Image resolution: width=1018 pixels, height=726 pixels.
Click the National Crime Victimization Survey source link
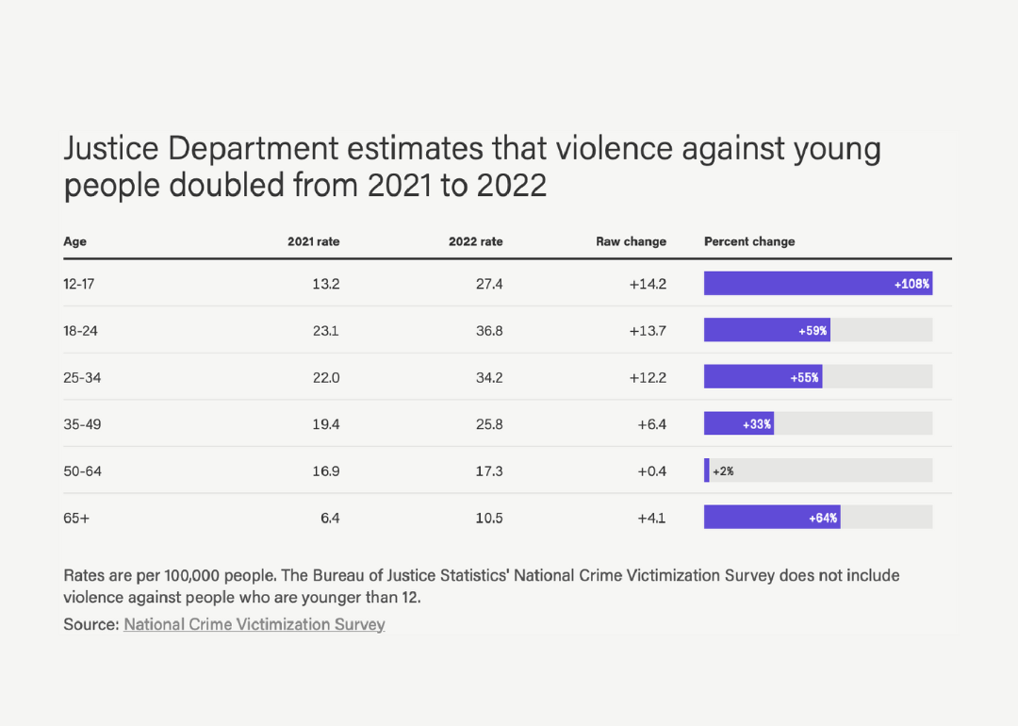coord(254,624)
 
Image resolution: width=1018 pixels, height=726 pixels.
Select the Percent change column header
coord(749,241)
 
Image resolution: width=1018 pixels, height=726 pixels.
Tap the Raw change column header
coord(631,241)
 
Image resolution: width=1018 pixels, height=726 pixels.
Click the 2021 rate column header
coord(313,241)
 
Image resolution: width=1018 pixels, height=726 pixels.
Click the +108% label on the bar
coord(911,284)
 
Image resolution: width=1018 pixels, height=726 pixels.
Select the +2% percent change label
coord(723,470)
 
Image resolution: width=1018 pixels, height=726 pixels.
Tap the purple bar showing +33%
coord(739,424)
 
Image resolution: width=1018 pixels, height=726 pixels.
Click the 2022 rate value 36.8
coord(488,331)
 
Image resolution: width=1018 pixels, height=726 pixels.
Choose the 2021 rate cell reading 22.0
coord(325,377)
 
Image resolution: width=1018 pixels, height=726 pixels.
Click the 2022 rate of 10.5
coord(488,518)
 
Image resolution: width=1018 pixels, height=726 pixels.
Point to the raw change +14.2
coord(648,284)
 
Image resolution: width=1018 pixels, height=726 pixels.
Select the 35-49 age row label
coord(82,424)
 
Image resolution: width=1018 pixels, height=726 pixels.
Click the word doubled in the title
coord(218,185)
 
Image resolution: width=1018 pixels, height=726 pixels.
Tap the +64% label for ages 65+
coord(823,518)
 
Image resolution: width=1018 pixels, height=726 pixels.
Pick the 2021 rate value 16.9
coord(325,470)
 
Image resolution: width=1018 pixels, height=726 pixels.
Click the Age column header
coord(74,241)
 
